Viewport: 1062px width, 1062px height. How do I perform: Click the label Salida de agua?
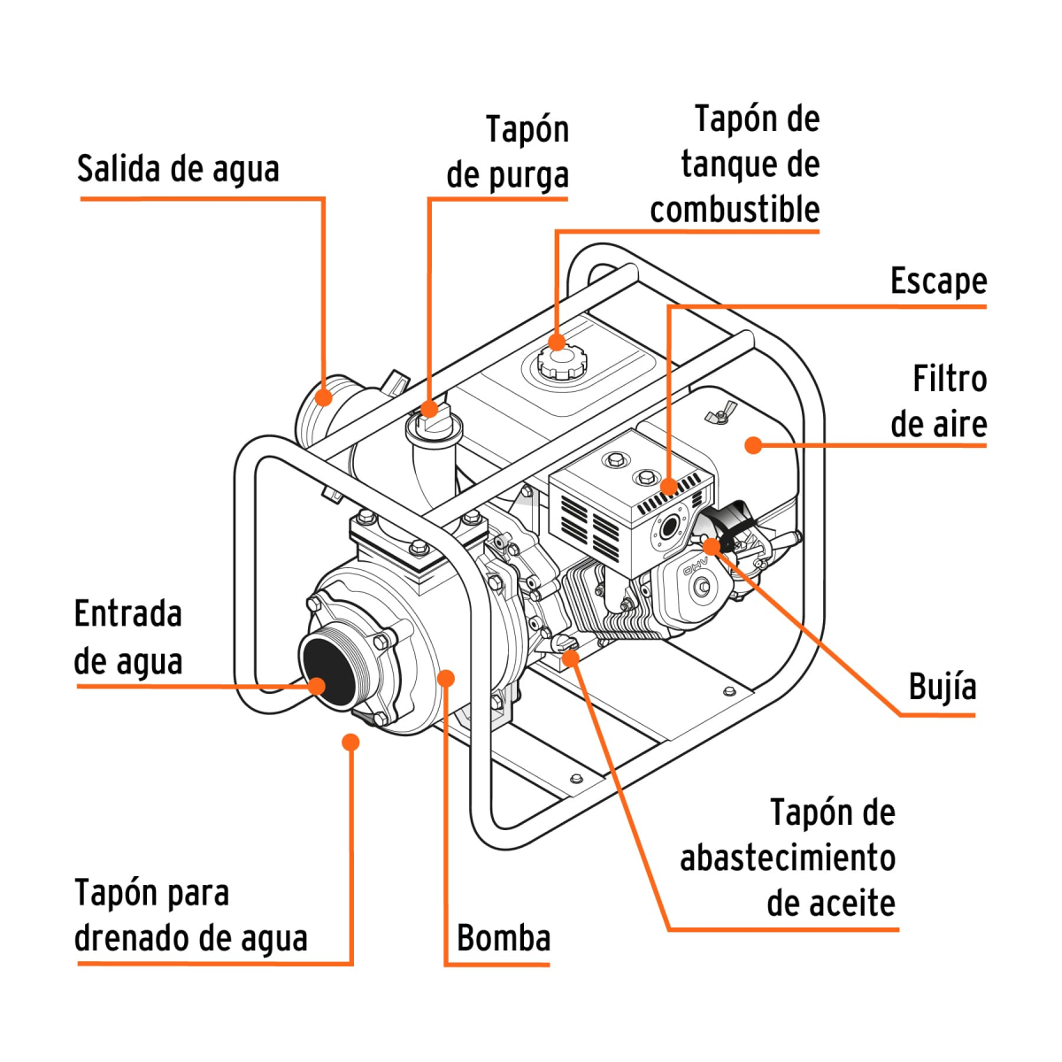pyautogui.click(x=178, y=168)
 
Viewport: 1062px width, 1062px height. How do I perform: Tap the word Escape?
pyautogui.click(x=938, y=281)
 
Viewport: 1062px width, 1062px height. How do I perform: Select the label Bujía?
pyautogui.click(x=942, y=687)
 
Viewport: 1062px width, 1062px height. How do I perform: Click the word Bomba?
pyautogui.click(x=504, y=938)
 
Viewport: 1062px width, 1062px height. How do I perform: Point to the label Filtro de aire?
pyautogui.click(x=939, y=402)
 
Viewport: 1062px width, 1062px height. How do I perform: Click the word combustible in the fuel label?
pyautogui.click(x=735, y=210)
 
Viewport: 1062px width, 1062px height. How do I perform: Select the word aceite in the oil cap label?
pyautogui.click(x=830, y=904)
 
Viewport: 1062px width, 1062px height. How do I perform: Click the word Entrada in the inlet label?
pyautogui.click(x=128, y=614)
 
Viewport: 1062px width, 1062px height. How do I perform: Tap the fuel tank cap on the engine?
pyautogui.click(x=559, y=360)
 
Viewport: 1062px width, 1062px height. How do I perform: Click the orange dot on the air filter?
pyautogui.click(x=753, y=444)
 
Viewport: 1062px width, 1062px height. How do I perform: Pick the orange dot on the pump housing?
pyautogui.click(x=447, y=679)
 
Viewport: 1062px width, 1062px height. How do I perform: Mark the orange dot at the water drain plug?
pyautogui.click(x=351, y=742)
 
